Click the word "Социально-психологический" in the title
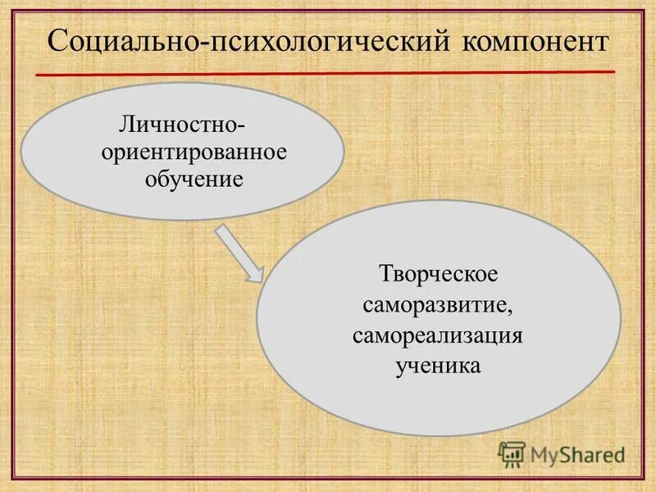pos(246,42)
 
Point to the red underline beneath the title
pos(328,73)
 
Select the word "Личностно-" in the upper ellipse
pos(183,128)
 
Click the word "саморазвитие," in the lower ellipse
pos(438,305)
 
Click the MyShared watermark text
pos(577,453)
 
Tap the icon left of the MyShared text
pos(512,453)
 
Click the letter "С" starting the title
pos(57,42)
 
